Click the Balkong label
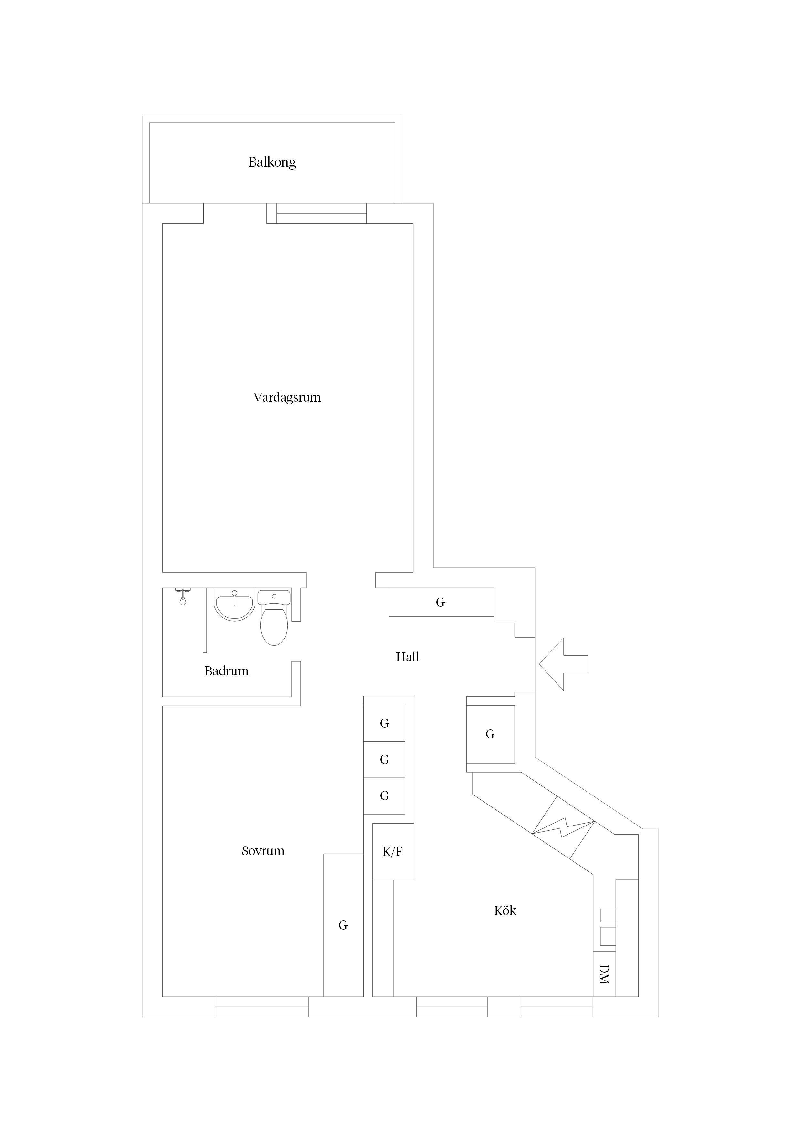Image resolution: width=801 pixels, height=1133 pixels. point(272,162)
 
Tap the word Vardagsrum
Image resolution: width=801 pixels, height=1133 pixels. point(287,398)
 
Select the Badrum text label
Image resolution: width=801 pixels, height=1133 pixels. point(226,671)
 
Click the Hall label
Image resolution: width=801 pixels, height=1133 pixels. point(407,657)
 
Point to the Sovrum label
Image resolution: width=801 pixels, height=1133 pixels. point(263,851)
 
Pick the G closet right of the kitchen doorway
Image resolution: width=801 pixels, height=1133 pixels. point(490,734)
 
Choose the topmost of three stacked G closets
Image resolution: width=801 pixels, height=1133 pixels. point(384,723)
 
